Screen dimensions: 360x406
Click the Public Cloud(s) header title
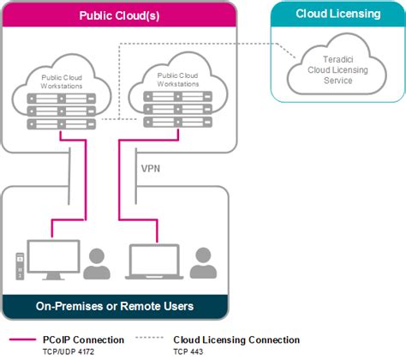[119, 15]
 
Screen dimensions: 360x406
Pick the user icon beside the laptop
[202, 263]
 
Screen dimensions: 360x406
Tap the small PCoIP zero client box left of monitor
[17, 264]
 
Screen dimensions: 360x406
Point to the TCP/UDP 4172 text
[69, 351]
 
